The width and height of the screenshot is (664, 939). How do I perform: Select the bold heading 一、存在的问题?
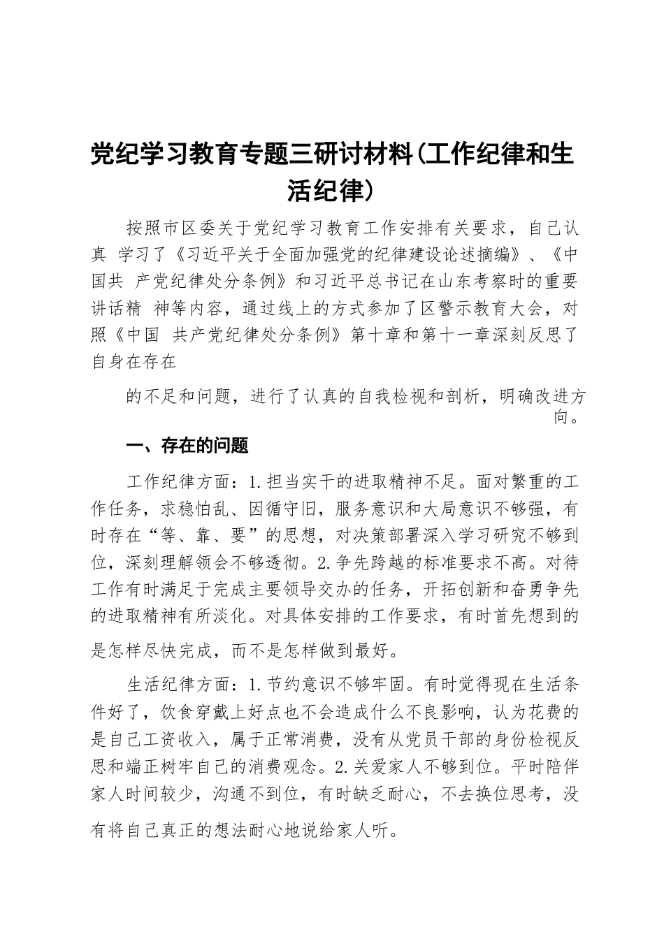pos(187,446)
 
